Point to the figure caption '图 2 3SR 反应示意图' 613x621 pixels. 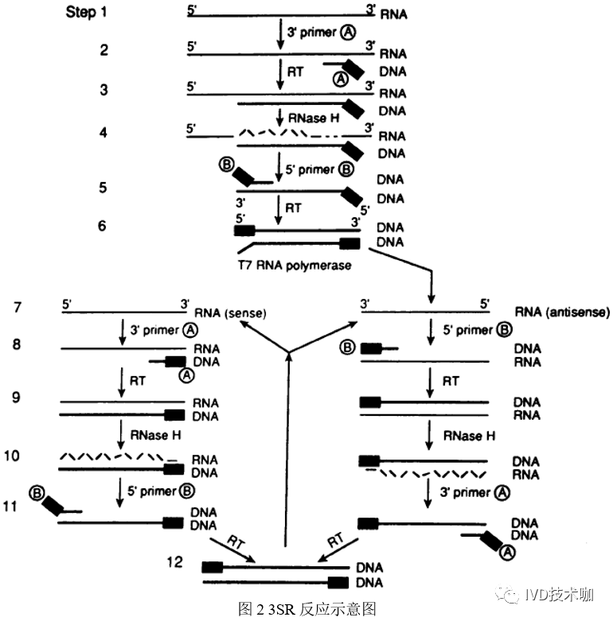click(306, 608)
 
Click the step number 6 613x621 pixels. click(102, 226)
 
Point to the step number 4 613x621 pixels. click(103, 131)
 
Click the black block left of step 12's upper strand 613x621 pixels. click(212, 567)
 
